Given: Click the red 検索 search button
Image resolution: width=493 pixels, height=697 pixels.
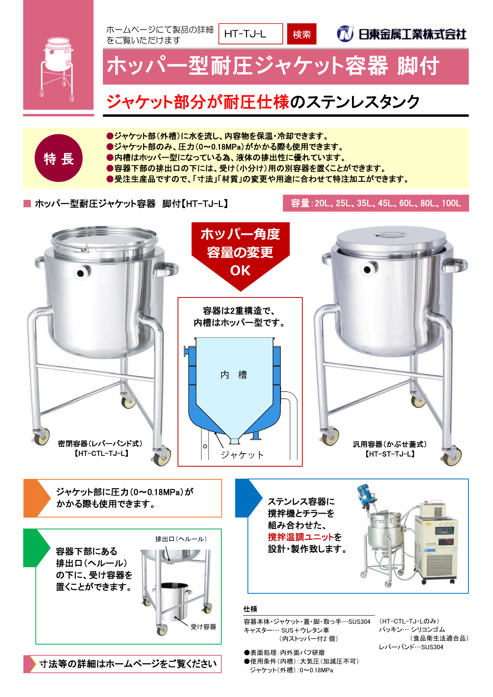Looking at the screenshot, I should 302,34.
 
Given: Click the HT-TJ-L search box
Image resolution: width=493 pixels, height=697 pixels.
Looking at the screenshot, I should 251,34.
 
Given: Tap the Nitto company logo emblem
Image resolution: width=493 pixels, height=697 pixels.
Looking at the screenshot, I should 345,34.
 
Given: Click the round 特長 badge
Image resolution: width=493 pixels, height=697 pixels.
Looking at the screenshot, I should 59,158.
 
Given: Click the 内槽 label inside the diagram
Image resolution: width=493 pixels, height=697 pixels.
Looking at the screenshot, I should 234,375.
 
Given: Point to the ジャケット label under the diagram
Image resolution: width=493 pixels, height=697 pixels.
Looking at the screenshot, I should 242,455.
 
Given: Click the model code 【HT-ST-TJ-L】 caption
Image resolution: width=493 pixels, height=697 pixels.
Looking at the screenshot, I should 390,454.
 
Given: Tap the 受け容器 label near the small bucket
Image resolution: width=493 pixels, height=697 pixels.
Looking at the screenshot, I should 203,627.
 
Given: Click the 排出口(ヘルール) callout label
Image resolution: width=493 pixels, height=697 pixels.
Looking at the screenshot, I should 181,539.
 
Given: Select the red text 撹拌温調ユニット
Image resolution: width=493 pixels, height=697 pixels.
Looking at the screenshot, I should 301,537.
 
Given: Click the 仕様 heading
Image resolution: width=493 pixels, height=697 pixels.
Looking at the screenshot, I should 250,609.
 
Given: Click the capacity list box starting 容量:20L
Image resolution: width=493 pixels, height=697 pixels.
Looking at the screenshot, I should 375,203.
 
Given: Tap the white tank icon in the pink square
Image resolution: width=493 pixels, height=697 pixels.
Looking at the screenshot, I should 58,68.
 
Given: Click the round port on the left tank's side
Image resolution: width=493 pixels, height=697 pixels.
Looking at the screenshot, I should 81,273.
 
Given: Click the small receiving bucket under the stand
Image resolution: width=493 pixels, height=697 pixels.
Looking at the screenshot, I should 174,600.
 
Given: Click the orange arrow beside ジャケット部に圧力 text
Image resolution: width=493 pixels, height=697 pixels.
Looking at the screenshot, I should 37,498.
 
